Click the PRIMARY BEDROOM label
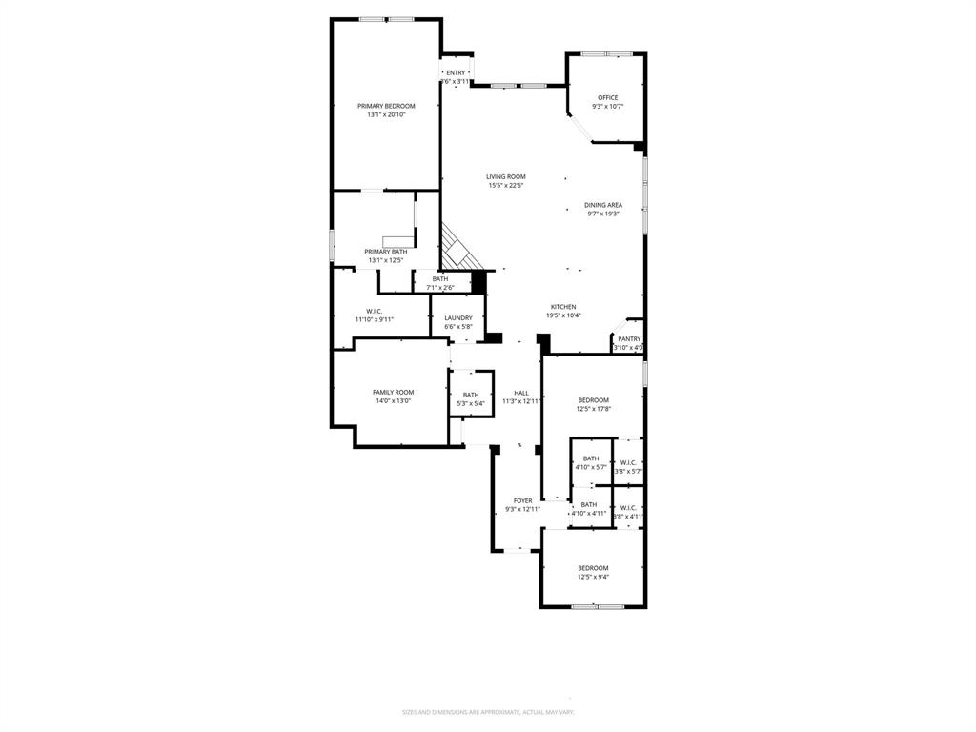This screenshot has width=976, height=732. pyautogui.click(x=386, y=106)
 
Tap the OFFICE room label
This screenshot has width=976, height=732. pyautogui.click(x=607, y=97)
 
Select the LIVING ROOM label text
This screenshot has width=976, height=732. pyautogui.click(x=505, y=176)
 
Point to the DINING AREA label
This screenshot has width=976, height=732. pyautogui.click(x=603, y=205)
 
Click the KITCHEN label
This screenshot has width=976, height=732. pyautogui.click(x=563, y=307)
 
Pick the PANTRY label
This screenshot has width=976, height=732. pyautogui.click(x=629, y=338)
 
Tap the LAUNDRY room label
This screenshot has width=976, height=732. pyautogui.click(x=458, y=317)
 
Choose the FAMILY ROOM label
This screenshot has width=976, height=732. pyautogui.click(x=393, y=392)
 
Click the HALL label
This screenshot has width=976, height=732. pyautogui.click(x=521, y=393)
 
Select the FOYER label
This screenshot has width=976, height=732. pyautogui.click(x=523, y=500)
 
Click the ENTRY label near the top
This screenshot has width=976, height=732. pyautogui.click(x=456, y=72)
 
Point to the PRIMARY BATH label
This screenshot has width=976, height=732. pyautogui.click(x=385, y=252)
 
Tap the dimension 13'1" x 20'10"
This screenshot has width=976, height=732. pyautogui.click(x=386, y=115)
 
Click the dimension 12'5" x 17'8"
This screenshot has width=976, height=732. pyautogui.click(x=593, y=409)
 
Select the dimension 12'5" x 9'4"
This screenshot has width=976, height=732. pyautogui.click(x=593, y=577)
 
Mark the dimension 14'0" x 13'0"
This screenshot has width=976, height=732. pyautogui.click(x=393, y=401)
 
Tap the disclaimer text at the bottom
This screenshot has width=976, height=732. pyautogui.click(x=487, y=712)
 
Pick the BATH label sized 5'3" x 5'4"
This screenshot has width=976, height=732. pyautogui.click(x=471, y=395)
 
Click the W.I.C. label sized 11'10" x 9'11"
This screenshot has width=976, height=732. pyautogui.click(x=374, y=311)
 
